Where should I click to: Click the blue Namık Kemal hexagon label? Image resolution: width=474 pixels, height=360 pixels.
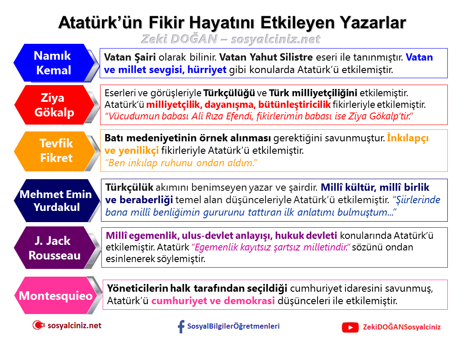coord(55,63)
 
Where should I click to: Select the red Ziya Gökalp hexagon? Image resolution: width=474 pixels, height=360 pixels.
coord(55,105)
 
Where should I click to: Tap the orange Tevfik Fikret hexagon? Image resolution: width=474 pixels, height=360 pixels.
coord(55,151)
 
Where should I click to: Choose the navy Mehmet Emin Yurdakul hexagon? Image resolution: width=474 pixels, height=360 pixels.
coord(56,200)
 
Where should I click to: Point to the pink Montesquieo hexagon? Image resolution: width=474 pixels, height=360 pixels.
coord(55,295)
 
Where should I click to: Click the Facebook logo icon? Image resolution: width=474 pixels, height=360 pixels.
coord(181,326)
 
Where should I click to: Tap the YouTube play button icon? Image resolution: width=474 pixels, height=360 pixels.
coord(350,327)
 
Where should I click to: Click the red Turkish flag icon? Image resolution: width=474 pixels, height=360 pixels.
coord(38,325)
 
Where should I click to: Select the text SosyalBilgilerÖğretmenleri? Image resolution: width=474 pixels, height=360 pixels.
coord(233,326)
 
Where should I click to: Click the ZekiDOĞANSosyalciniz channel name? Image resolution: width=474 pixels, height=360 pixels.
coord(402,327)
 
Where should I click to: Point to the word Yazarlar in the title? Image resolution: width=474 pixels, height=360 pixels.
coord(373,23)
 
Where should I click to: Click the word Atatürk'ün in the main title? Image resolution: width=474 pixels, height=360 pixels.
coord(101,23)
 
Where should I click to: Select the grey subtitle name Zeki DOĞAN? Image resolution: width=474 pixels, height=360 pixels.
coord(179,39)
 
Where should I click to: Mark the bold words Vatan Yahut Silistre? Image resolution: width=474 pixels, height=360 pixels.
coord(266,57)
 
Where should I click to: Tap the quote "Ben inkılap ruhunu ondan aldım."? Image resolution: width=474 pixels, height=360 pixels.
coord(181,163)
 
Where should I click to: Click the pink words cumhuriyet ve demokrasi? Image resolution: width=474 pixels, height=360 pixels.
coord(213,301)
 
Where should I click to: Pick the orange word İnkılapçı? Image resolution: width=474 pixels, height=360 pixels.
coord(408,138)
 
